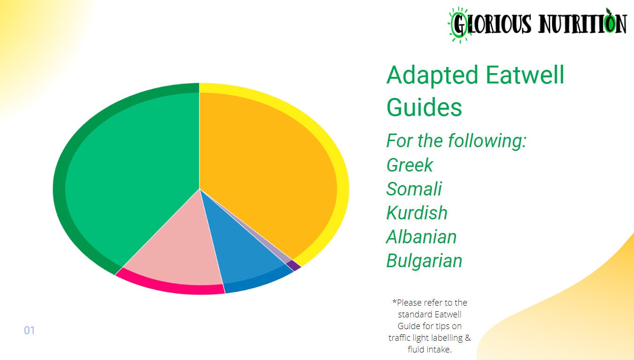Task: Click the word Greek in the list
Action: coord(410,165)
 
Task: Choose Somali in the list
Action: coord(414,189)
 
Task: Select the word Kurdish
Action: coord(417,213)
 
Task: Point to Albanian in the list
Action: coord(421,237)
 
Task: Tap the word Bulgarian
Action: coord(424,261)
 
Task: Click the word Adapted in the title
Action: coord(432,75)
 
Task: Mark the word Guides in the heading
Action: coord(424,107)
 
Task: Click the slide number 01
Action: coord(30,330)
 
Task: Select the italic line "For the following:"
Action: coord(456,141)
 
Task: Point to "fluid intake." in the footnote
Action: coord(429,349)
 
